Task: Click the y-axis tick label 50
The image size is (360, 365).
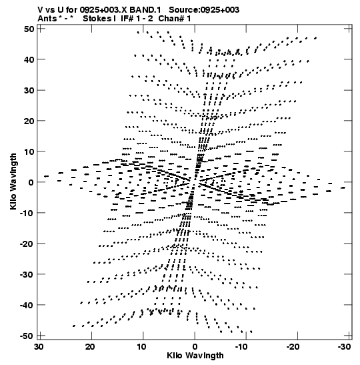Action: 29,29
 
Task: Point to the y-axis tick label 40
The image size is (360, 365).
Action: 29,59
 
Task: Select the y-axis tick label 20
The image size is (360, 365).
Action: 29,121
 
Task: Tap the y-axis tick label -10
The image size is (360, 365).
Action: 27,213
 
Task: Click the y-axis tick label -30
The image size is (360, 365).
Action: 27,274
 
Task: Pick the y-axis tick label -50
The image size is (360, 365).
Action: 27,336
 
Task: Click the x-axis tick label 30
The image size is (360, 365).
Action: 39,346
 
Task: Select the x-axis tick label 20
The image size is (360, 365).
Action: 90,346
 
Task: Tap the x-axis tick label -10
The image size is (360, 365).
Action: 241,346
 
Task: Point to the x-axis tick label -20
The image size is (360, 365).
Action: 293,346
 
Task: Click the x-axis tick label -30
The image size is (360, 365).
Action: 344,346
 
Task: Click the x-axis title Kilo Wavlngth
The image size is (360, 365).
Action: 195,356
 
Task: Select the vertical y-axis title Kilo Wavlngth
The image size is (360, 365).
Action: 13,181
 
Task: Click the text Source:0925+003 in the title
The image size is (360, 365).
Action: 204,10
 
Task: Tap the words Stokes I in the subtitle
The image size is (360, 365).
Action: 99,19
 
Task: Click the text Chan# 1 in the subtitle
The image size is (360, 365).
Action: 175,19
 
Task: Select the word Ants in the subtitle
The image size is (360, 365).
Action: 47,19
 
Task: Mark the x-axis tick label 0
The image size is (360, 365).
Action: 195,346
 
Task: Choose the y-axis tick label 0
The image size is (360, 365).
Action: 31,182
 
